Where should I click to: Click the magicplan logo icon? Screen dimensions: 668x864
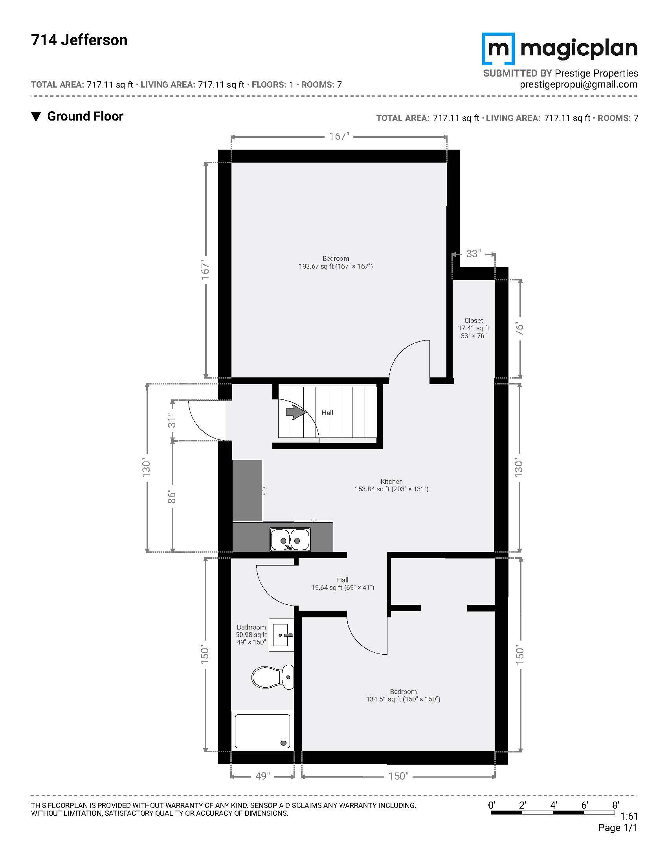click(x=498, y=49)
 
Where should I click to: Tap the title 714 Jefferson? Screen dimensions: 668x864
click(x=79, y=40)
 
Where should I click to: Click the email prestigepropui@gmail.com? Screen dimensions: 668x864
click(x=578, y=84)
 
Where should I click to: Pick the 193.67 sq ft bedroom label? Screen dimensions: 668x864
click(x=336, y=262)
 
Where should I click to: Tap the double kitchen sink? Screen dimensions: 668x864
click(x=290, y=540)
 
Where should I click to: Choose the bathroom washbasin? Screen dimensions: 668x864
click(x=281, y=635)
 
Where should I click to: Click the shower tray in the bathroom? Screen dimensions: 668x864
click(x=262, y=731)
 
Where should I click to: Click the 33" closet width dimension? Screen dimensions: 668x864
click(x=473, y=254)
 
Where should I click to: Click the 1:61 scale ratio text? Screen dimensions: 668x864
click(x=629, y=816)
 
